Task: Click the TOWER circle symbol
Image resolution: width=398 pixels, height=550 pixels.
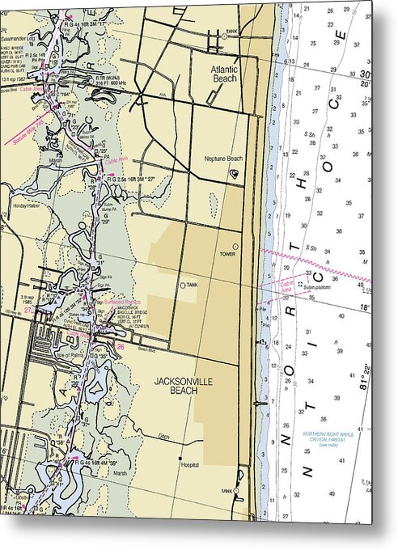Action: [x=235, y=247]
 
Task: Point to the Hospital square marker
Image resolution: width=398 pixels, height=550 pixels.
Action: [x=180, y=459]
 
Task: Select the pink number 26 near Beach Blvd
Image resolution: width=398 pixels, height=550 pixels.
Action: [x=120, y=348]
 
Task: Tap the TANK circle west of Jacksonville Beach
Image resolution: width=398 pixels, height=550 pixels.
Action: [x=182, y=285]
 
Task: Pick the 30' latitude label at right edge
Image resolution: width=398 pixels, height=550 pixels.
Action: [x=366, y=74]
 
